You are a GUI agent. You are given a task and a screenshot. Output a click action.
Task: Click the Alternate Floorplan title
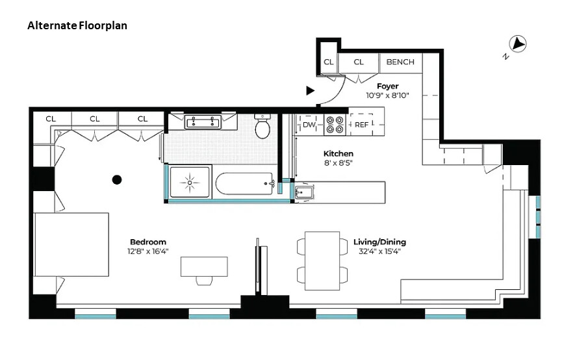(77, 26)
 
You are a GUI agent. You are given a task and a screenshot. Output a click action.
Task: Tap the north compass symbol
(518, 44)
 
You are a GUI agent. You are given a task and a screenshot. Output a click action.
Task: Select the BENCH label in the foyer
(400, 62)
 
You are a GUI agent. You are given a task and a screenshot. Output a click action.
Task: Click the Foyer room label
(387, 86)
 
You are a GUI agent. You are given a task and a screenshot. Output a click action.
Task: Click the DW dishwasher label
(309, 125)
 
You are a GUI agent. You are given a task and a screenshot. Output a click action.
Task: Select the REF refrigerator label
(361, 125)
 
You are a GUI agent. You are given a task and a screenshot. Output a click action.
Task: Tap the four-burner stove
(335, 125)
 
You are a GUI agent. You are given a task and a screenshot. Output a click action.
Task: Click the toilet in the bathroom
(263, 127)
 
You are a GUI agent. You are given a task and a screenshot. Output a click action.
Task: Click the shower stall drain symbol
(190, 183)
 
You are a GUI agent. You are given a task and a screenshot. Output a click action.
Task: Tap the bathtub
(245, 184)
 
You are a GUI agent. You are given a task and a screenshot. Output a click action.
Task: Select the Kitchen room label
(339, 153)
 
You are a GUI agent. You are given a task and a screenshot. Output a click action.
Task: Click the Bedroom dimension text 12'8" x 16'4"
(147, 251)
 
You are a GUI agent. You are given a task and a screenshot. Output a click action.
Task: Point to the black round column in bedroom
(117, 179)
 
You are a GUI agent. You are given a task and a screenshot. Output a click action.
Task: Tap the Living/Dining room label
(379, 242)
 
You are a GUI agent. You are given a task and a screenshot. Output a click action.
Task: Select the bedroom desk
(204, 266)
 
